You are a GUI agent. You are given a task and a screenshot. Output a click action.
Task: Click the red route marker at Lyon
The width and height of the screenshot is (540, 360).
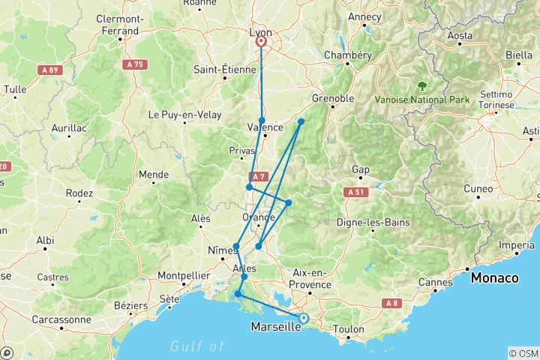coord(262,42)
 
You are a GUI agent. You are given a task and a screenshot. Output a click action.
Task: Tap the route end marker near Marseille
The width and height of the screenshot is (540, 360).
coord(304,318)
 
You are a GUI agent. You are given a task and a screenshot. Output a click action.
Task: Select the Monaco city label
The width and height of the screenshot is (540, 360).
coord(494,278)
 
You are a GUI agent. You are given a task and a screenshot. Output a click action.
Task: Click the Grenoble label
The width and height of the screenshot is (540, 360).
coord(333,98)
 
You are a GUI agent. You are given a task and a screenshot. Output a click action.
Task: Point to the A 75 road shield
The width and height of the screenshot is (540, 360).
coord(135,65)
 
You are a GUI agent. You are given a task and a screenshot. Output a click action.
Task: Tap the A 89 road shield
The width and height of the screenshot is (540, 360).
coord(49,69)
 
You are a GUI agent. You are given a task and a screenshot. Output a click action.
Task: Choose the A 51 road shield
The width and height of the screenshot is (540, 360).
coord(356,193)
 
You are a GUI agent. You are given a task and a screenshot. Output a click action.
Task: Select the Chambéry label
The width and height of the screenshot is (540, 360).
coord(347,55)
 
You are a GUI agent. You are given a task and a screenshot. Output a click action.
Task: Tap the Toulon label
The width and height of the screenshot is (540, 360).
coord(349,329)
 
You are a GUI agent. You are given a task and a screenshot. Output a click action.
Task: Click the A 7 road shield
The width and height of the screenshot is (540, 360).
coord(257,177)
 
